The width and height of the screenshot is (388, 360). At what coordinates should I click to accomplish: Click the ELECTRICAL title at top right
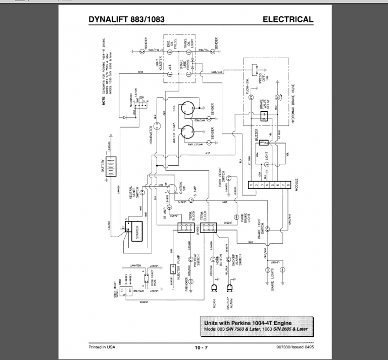click(288, 20)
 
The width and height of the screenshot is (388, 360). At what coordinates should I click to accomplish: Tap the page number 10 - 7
click(201, 347)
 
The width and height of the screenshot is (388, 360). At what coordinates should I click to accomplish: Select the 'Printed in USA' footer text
click(101, 346)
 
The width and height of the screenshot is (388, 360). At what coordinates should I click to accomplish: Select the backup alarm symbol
click(230, 290)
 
